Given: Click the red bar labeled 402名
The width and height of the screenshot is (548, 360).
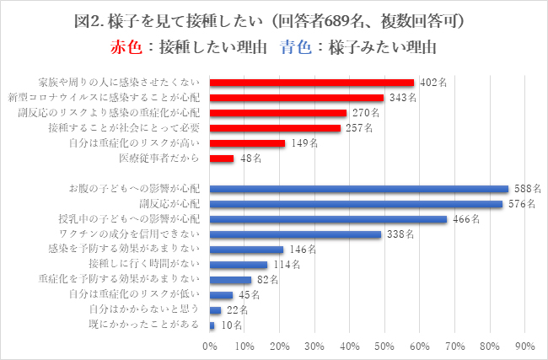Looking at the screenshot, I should tap(312, 83).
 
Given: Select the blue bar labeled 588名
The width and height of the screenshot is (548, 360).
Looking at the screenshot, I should tap(359, 189).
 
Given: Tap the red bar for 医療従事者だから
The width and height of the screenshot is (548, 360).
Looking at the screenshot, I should tap(222, 159).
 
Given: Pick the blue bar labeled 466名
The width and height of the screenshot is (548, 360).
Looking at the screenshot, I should tap(328, 219).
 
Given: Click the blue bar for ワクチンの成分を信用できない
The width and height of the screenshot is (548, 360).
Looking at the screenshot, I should tap(295, 234).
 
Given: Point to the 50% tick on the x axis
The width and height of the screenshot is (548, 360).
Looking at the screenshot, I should tap(384, 346).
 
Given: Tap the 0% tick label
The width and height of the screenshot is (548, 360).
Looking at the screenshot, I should tap(210, 346).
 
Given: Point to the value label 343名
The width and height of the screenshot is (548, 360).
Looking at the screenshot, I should tap(401, 98).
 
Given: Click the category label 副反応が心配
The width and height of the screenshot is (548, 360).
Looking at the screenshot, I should tap(169, 204).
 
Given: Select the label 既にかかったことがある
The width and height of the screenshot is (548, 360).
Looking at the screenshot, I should tap(146, 325).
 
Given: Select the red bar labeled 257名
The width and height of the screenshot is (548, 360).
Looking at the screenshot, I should tap(275, 128).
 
